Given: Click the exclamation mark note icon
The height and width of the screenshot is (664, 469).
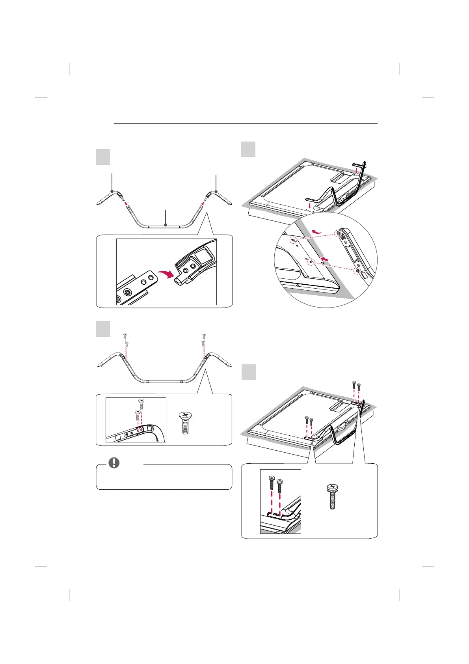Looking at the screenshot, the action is [114, 463].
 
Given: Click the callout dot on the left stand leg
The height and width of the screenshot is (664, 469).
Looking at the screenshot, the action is [112, 191].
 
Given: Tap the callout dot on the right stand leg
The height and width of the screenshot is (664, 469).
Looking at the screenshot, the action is [216, 191].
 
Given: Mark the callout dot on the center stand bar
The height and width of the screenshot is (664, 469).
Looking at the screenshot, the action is [166, 225].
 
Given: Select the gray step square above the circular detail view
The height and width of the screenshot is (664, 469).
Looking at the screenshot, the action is [248, 149].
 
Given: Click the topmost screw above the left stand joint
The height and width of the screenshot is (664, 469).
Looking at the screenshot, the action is [125, 336].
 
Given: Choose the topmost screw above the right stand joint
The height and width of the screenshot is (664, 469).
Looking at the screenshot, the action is [204, 336].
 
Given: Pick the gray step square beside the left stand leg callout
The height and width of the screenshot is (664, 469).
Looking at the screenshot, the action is [103, 157].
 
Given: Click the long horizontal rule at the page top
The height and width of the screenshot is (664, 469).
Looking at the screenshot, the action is [245, 124].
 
